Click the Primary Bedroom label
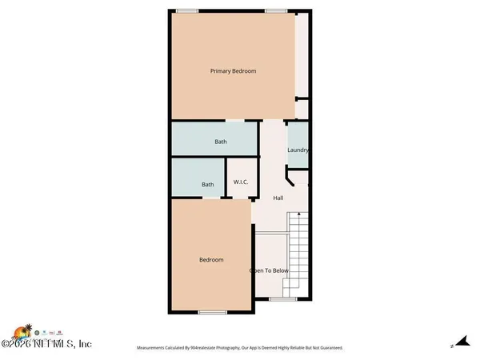coord(233,71)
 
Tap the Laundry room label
coord(298,150)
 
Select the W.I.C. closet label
coord(241,182)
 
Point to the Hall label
coord(278,198)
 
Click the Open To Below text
coord(269,270)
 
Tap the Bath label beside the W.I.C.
coord(208,185)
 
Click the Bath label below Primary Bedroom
coord(221,142)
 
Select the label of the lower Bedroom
coord(211,260)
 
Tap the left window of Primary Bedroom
coord(187,10)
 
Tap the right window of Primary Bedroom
coord(276,10)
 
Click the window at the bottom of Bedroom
coord(210,311)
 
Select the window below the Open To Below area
coord(282,299)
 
